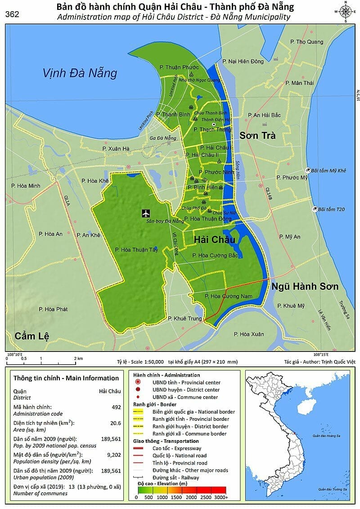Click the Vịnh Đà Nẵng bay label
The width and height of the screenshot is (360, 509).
tap(80, 73)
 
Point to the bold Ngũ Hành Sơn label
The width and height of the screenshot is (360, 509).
tap(305, 287)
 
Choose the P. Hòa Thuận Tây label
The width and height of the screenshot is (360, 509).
tap(136, 250)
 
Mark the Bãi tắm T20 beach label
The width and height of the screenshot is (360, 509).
tap(331, 209)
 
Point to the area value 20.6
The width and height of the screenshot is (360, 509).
tap(116, 423)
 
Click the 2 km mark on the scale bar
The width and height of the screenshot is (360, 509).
tap(78, 358)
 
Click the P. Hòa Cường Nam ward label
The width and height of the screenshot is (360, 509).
tap(225, 296)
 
